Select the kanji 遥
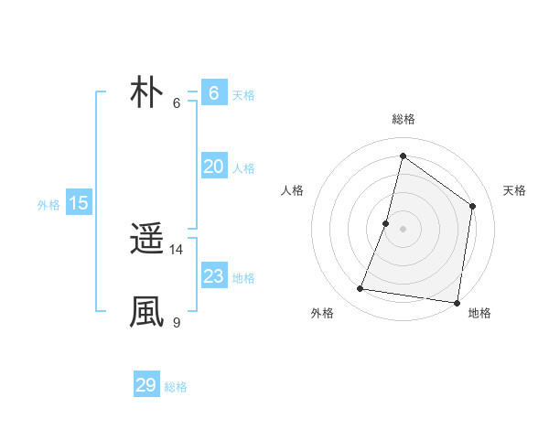[x=146, y=240]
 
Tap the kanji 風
[x=146, y=311]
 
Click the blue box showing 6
[x=213, y=92]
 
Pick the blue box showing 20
[x=213, y=166]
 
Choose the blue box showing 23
[x=213, y=275]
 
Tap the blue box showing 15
[x=79, y=203]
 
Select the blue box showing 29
[x=146, y=385]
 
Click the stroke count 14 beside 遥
[x=177, y=249]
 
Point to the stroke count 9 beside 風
[x=176, y=322]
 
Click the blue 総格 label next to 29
[x=176, y=387]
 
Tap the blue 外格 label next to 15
[x=48, y=205]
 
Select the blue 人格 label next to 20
[x=243, y=168]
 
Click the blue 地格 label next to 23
[x=243, y=278]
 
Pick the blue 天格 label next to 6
[x=243, y=95]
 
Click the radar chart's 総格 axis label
[x=403, y=119]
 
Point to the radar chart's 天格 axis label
[x=514, y=190]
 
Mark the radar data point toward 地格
[x=457, y=302]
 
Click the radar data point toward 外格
[x=361, y=289]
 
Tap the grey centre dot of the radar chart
[x=403, y=229]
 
